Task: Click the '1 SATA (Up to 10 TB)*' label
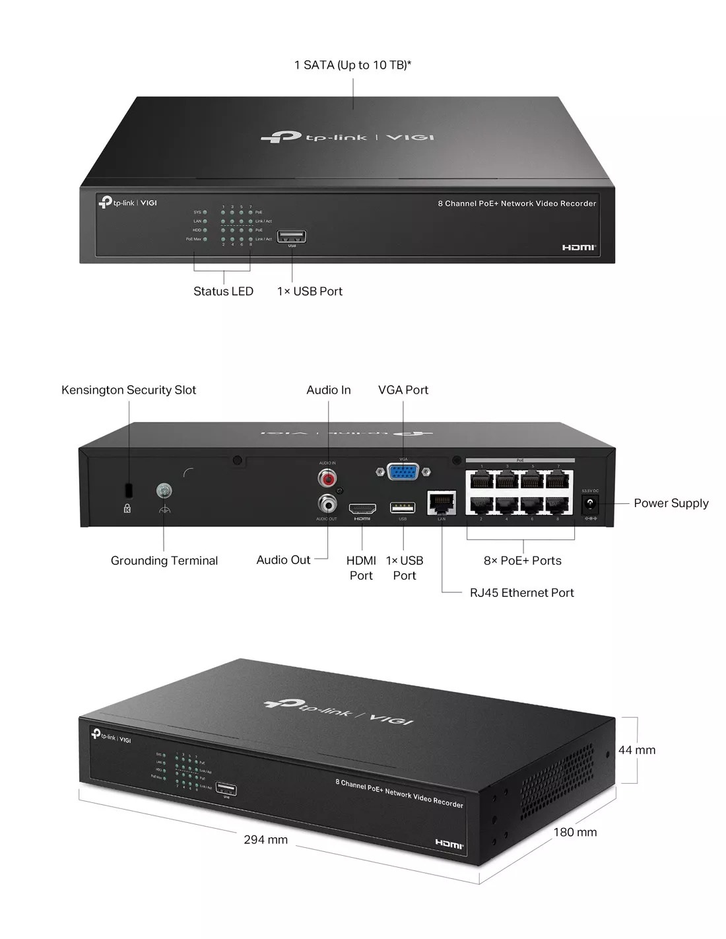coord(352,65)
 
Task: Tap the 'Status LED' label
coord(223,291)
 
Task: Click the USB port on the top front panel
coord(292,236)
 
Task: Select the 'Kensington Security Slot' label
coord(129,390)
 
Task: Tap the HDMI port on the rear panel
coord(362,508)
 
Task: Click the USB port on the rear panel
coord(403,507)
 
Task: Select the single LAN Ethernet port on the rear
coord(442,503)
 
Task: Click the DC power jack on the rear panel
coord(589,504)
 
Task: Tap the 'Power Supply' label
coord(671,503)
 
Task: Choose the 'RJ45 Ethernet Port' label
coord(521,592)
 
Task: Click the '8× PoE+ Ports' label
coord(522,561)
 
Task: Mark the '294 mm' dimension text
coord(265,839)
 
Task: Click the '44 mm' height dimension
coord(636,749)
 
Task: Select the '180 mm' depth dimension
coord(574,832)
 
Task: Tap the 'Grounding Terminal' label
coord(164,561)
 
